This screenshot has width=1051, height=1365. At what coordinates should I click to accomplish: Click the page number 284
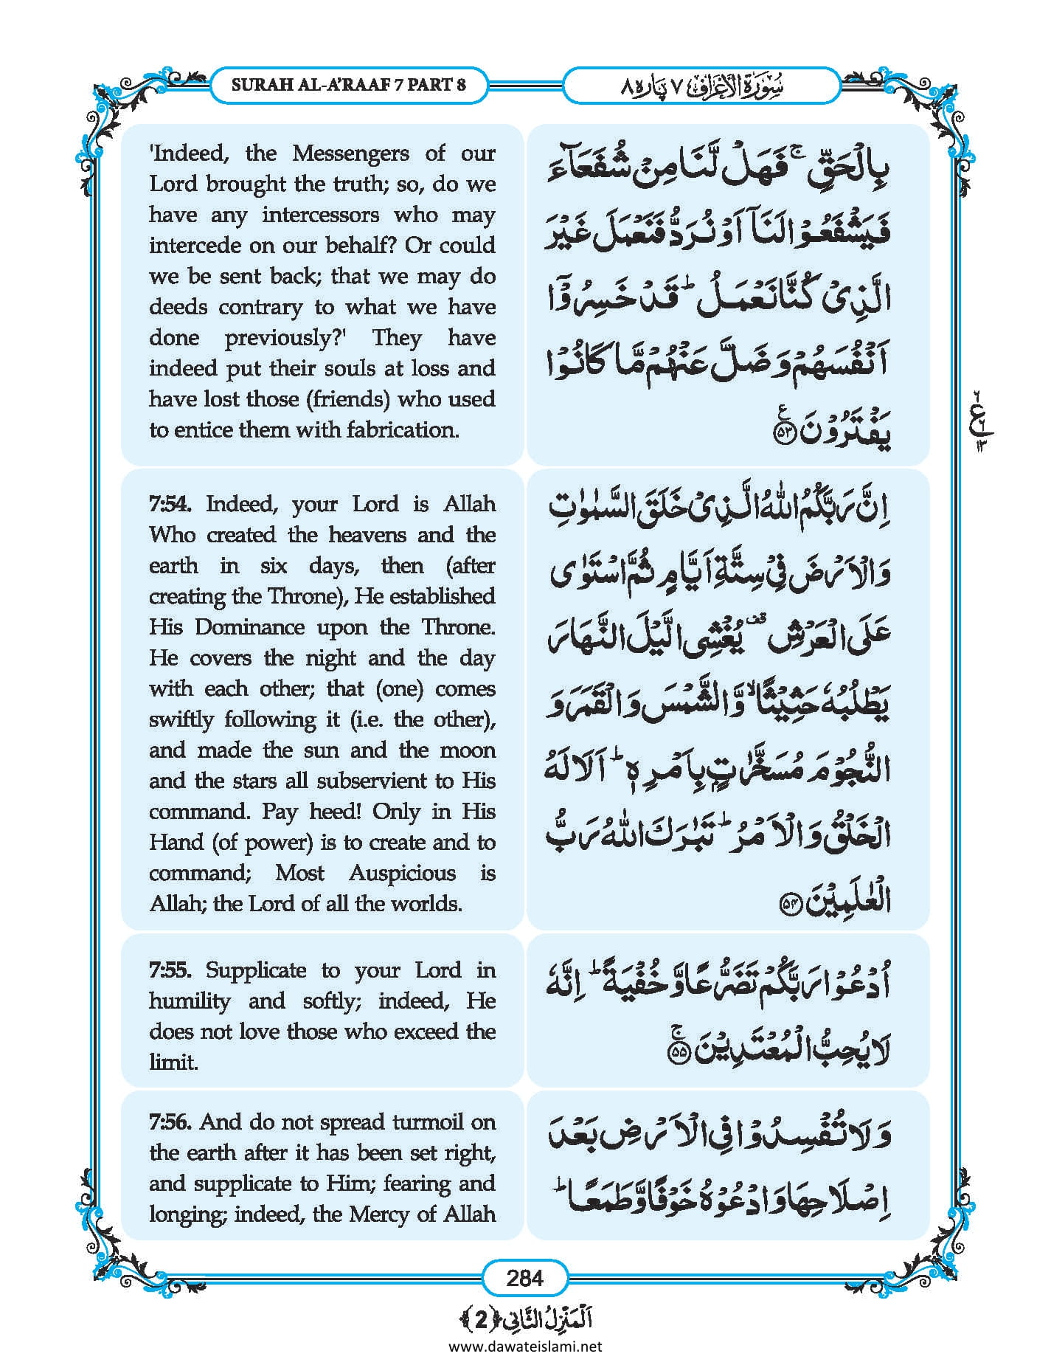(x=524, y=1277)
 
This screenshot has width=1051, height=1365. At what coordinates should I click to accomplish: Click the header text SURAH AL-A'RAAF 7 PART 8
(x=349, y=84)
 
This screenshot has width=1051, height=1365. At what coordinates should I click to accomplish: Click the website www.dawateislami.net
(x=524, y=1346)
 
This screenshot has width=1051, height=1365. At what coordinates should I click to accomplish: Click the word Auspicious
(x=402, y=873)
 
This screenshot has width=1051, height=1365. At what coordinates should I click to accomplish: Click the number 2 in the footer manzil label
(x=481, y=1319)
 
